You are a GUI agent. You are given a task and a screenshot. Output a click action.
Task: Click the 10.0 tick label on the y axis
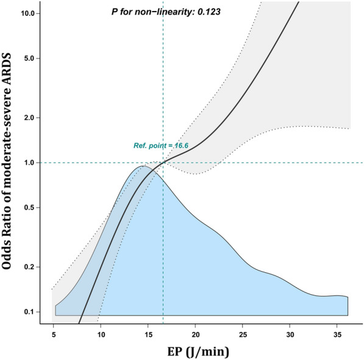click(x=32, y=13)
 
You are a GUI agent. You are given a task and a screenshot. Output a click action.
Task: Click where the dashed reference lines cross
click(x=163, y=162)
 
